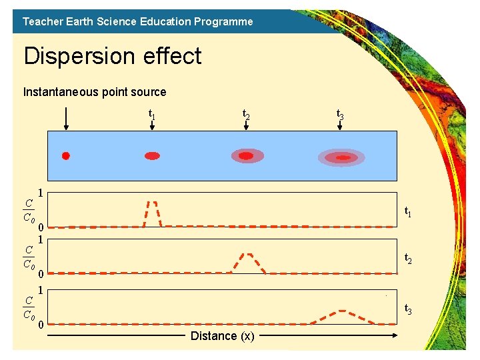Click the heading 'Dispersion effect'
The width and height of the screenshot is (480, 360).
click(x=112, y=56)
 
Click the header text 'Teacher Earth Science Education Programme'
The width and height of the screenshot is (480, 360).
click(x=137, y=21)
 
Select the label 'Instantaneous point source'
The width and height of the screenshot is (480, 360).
click(x=95, y=92)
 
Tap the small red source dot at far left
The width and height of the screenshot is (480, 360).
click(x=65, y=156)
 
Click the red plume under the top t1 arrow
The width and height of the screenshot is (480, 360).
click(x=153, y=156)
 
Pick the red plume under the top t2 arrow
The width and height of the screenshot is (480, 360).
click(x=247, y=156)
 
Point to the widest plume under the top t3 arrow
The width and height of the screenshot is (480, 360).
click(x=342, y=158)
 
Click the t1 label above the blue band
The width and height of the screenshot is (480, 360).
click(x=152, y=115)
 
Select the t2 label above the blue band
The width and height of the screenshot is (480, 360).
click(x=246, y=115)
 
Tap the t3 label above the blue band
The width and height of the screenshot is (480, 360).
click(x=340, y=115)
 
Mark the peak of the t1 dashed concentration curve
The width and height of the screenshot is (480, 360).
click(x=153, y=202)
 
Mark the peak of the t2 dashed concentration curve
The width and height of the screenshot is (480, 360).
click(x=248, y=254)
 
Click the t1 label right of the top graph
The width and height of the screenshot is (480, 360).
click(x=408, y=212)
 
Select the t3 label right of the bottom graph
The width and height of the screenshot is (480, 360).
click(x=408, y=310)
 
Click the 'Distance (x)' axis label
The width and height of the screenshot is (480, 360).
click(x=222, y=336)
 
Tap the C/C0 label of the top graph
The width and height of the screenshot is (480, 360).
click(x=28, y=211)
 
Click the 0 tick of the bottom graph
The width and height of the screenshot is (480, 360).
click(x=41, y=325)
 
